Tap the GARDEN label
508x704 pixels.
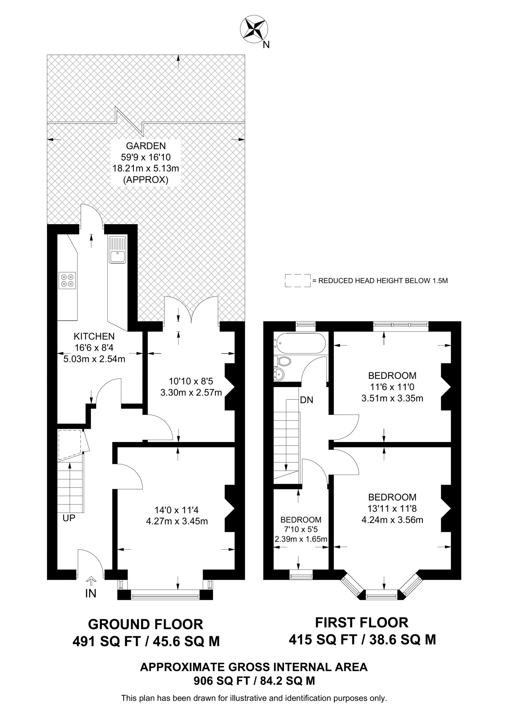point(146,146)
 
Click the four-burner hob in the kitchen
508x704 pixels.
point(67,280)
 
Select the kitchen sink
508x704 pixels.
point(117,250)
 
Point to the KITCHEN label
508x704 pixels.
point(94,336)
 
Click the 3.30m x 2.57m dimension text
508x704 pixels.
point(191,392)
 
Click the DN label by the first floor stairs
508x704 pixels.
point(307,400)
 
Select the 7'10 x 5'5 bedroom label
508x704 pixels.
point(301,529)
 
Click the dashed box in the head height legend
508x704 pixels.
point(297,280)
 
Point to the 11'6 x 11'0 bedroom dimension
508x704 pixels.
point(392,387)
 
